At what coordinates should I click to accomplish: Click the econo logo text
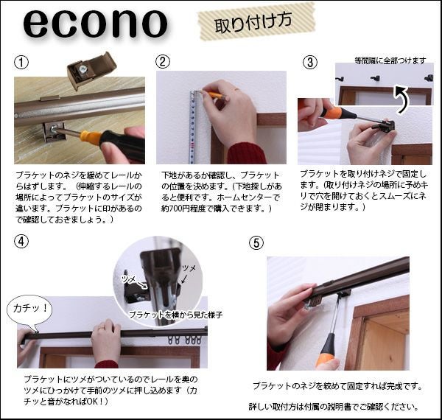95,24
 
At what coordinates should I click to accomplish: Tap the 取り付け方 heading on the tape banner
253,23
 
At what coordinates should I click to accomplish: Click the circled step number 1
21,62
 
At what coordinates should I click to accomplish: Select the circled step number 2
163,61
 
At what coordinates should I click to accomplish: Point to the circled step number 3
310,63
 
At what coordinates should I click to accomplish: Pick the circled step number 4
21,241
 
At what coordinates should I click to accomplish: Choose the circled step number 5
256,243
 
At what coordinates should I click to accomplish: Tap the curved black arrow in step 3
402,100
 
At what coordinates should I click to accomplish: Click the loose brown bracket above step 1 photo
91,71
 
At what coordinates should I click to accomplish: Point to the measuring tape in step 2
192,127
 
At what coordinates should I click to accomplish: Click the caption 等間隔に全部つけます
390,60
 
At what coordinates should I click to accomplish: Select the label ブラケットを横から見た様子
176,315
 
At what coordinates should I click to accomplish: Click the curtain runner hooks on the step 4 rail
185,340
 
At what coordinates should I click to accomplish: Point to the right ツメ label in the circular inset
189,268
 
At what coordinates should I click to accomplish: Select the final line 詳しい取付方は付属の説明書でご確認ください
333,407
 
